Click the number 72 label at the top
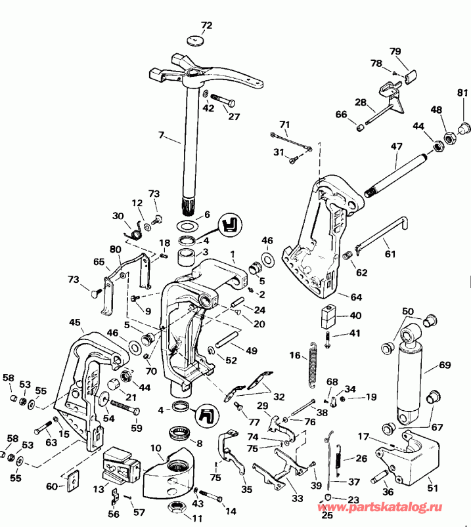(206, 26)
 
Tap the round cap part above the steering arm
(194, 42)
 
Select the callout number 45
(75, 322)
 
